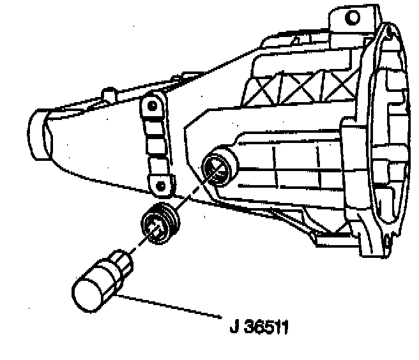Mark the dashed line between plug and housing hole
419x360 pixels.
pyautogui.click(x=192, y=194)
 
